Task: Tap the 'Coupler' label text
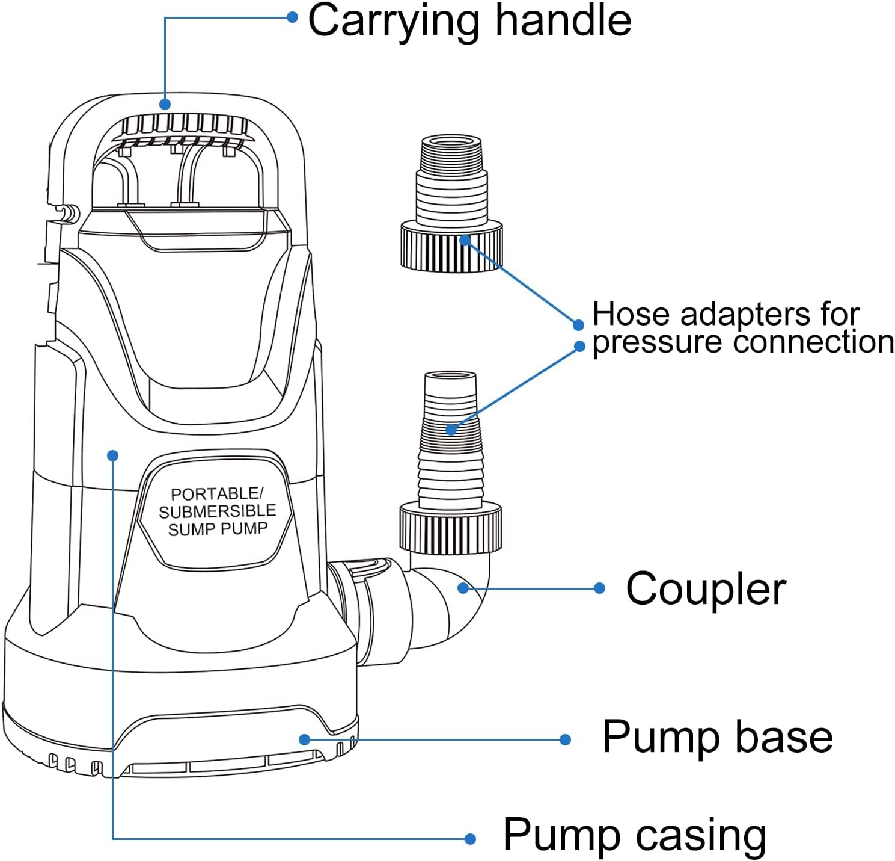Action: click(x=706, y=588)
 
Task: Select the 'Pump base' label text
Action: click(x=717, y=736)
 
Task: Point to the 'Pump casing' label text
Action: click(x=634, y=835)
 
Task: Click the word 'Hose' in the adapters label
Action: click(x=631, y=314)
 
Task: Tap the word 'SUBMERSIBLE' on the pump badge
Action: click(x=217, y=511)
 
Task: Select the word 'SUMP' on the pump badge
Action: click(x=190, y=530)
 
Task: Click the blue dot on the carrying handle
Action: click(x=165, y=104)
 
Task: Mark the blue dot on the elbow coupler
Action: click(x=463, y=588)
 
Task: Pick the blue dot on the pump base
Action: click(x=305, y=739)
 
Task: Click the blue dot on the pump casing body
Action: click(x=112, y=455)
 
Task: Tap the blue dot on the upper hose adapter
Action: click(x=465, y=240)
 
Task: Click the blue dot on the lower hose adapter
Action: click(x=451, y=430)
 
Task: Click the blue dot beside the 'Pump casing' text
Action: click(x=470, y=839)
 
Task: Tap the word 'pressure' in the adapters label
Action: click(x=659, y=342)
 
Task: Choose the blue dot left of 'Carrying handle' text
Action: click(x=292, y=17)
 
